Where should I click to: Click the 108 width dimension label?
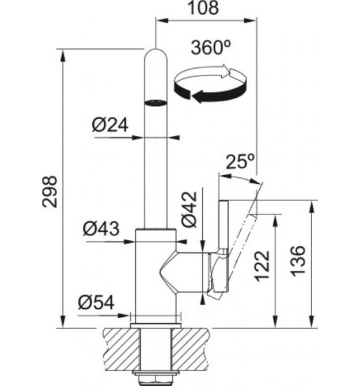tap(203, 7)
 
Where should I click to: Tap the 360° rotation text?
tap(211, 47)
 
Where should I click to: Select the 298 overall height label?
tap(50, 192)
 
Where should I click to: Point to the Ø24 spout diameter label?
tap(110, 125)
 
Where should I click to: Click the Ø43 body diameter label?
tap(101, 229)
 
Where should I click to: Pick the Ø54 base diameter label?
tap(96, 302)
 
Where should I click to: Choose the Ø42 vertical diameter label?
tap(190, 209)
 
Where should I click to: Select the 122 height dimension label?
tap(262, 266)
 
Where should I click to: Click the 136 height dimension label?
tap(298, 261)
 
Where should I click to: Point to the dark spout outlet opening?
tap(156, 103)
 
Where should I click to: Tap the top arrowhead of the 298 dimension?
tap(63, 55)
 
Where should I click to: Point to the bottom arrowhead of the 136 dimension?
tap(312, 321)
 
